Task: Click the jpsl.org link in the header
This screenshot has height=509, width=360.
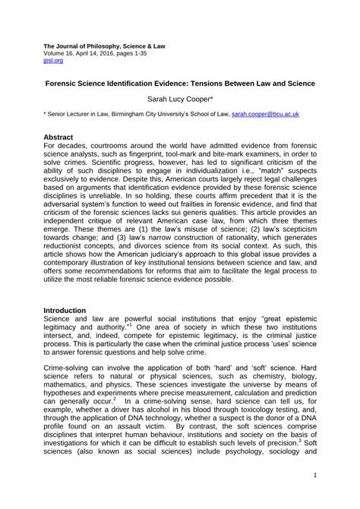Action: (52, 55)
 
